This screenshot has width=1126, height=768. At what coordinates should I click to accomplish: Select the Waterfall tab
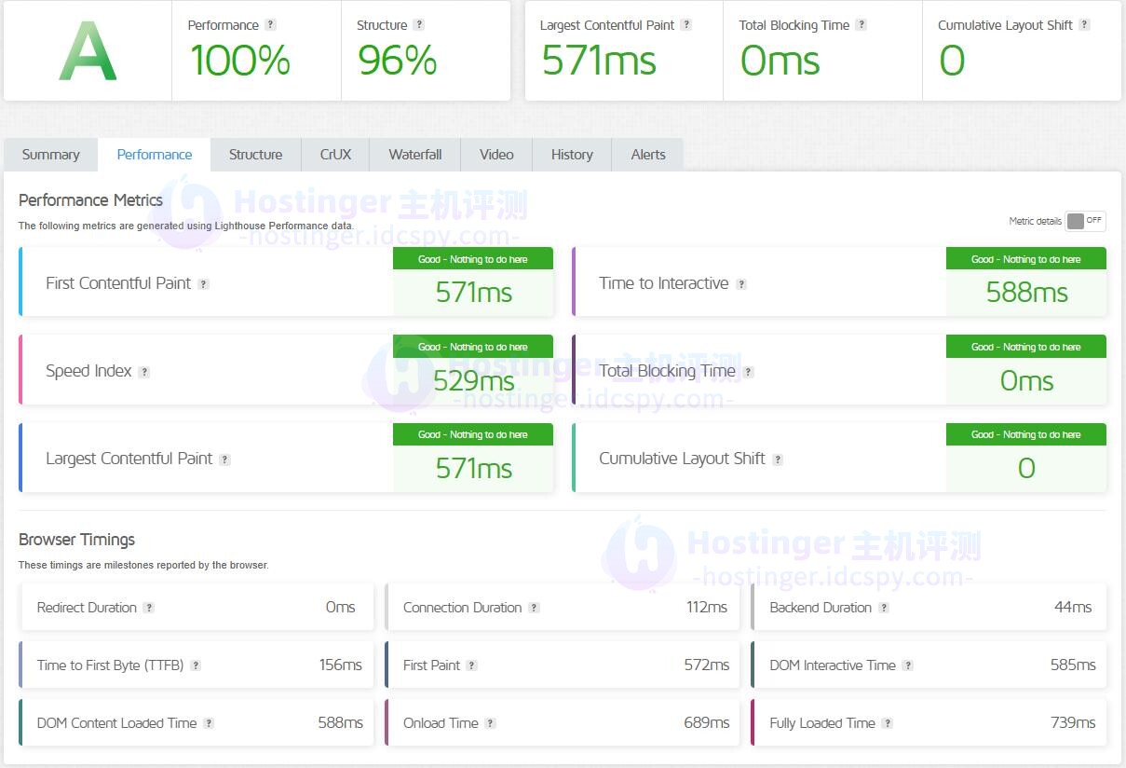[415, 155]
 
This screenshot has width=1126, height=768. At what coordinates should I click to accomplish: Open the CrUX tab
[335, 155]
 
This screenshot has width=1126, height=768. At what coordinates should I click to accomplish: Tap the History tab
[572, 155]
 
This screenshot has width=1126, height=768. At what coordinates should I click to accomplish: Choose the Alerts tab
[648, 155]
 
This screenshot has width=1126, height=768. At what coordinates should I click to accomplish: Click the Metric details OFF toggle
[1085, 221]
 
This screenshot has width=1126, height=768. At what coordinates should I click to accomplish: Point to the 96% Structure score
[398, 62]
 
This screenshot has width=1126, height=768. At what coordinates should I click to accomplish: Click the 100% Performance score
[240, 62]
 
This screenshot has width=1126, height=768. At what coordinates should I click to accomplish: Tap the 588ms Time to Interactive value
[1026, 293]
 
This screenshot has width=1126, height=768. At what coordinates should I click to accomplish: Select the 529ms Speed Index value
[473, 380]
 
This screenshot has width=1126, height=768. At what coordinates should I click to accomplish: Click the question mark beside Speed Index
[144, 372]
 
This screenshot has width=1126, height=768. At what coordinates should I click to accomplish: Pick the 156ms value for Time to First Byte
[340, 665]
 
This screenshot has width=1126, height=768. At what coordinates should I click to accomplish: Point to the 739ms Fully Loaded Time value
[1073, 723]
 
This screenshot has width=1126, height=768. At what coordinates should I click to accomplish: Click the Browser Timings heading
[76, 540]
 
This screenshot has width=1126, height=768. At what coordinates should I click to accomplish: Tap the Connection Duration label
[462, 608]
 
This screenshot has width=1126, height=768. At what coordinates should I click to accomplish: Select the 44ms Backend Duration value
[1073, 608]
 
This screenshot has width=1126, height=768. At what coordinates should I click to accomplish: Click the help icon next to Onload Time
[490, 723]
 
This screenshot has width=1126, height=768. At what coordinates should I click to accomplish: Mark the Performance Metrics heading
[90, 200]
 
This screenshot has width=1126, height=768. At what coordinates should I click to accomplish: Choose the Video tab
[496, 155]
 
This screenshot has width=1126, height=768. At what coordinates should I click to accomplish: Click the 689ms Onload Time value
[707, 723]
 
